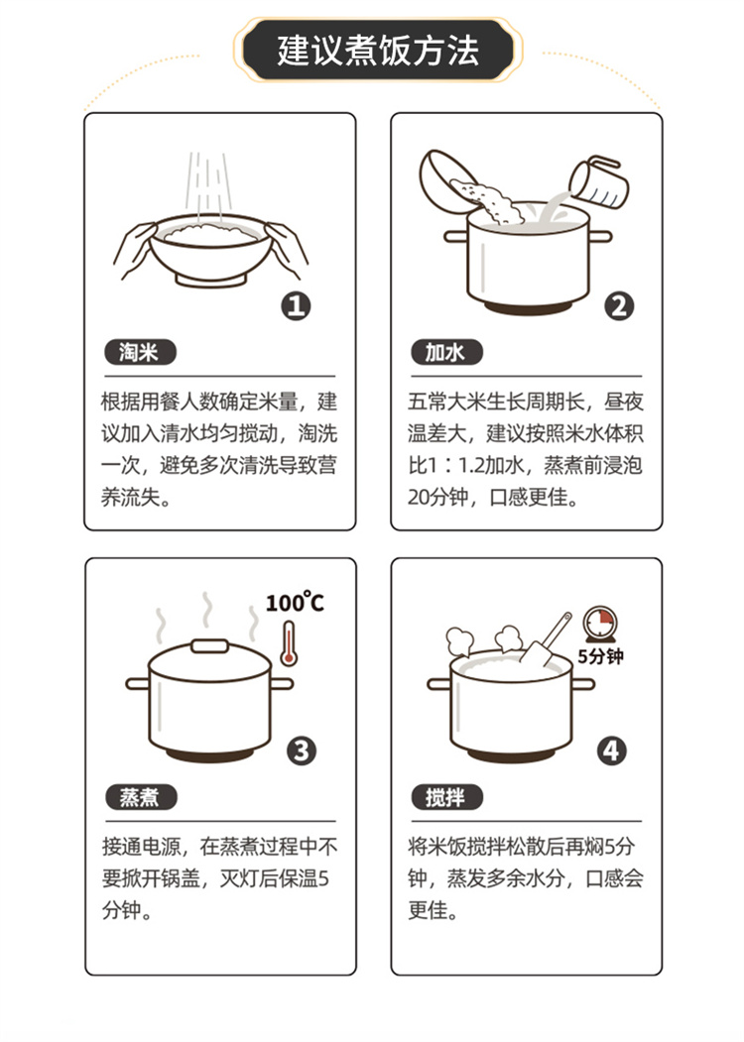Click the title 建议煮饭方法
378,52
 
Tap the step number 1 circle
296,305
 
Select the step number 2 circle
619,306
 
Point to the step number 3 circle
302,751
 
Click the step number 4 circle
611,751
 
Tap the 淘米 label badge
140,352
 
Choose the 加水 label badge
446,352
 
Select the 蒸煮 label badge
141,797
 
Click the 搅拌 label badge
446,797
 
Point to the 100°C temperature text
295,602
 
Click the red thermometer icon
288,643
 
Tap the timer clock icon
600,624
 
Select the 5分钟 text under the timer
600,656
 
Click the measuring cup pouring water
599,180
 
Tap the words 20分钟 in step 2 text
438,497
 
